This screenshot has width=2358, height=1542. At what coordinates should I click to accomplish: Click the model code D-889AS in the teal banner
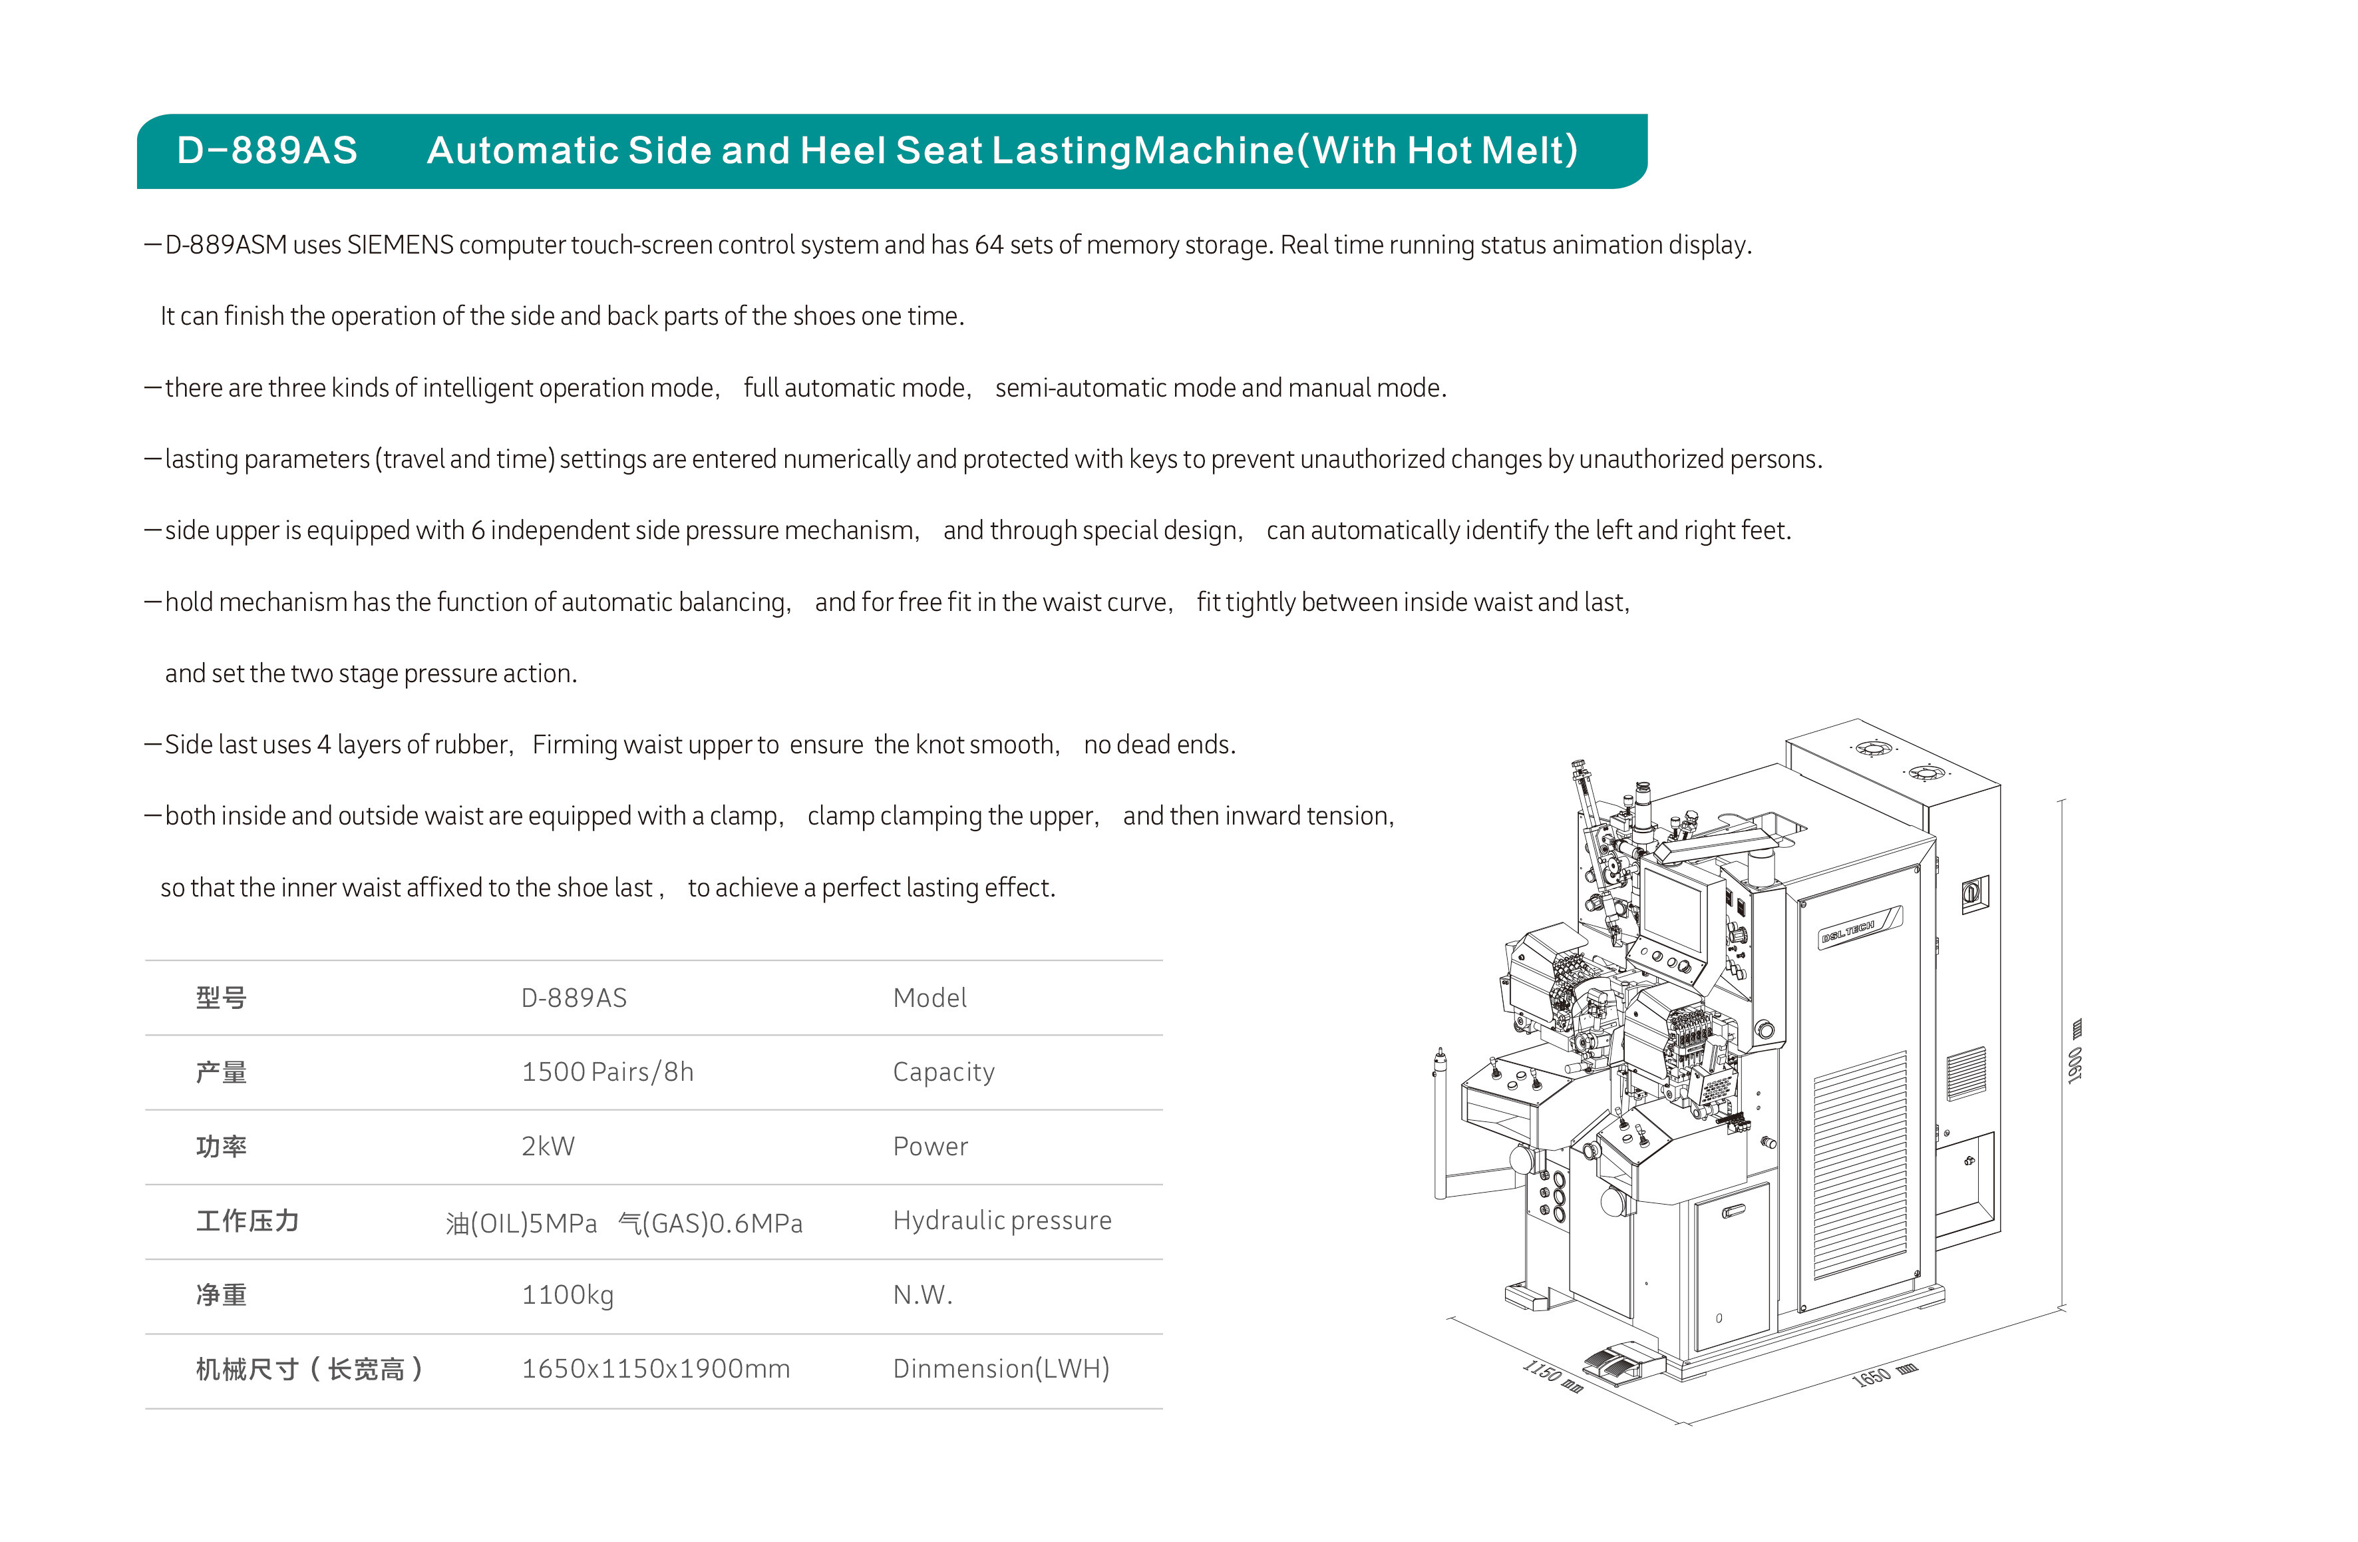(267, 150)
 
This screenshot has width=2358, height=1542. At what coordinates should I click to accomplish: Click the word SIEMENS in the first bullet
(401, 245)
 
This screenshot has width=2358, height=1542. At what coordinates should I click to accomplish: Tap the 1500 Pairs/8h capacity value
(607, 1072)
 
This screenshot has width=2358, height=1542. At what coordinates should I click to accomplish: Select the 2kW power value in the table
(548, 1147)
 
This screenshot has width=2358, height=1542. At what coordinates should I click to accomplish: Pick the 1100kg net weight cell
(568, 1295)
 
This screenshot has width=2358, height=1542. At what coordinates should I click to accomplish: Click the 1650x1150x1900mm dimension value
(656, 1370)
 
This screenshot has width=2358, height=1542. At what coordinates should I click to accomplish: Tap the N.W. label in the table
(922, 1295)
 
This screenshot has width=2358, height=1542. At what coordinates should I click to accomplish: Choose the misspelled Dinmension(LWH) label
(1001, 1370)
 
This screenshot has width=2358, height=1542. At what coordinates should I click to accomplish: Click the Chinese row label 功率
(221, 1147)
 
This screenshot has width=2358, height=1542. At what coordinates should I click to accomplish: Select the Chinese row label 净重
(221, 1295)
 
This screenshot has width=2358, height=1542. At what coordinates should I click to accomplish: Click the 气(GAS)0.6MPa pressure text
(711, 1224)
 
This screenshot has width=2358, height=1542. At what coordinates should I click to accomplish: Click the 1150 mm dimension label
(1552, 1376)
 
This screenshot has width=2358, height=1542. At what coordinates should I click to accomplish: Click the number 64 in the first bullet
(989, 245)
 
